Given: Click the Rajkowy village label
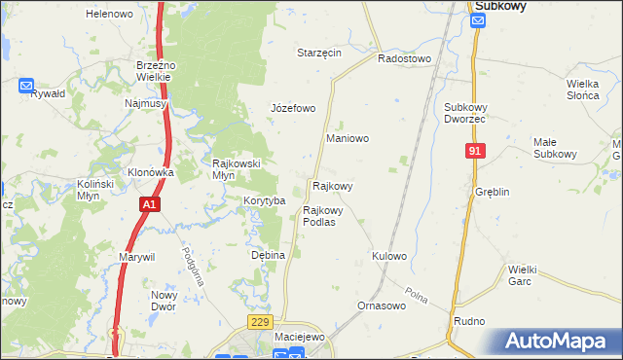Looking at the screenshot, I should click(x=332, y=185).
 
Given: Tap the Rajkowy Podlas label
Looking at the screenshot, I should click(x=323, y=216).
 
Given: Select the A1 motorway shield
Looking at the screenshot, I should click(x=148, y=204).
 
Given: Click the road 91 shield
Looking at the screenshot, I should click(x=475, y=152).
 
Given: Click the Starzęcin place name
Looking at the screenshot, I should click(x=319, y=53).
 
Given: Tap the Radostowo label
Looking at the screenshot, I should click(x=404, y=58).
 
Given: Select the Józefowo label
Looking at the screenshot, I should click(x=292, y=108).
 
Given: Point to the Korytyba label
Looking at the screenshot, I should click(x=264, y=200).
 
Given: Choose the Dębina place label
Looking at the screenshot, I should click(x=268, y=255).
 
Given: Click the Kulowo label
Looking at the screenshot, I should click(x=388, y=256).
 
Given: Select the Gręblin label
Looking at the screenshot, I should click(x=493, y=192).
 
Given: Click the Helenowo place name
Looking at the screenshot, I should click(x=109, y=15).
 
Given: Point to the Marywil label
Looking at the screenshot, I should click(x=137, y=257).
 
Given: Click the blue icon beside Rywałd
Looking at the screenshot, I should click(x=26, y=86).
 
